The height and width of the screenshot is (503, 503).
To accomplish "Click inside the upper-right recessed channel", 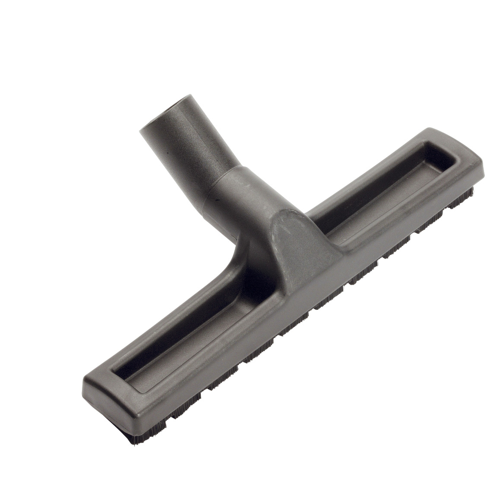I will click(x=382, y=191).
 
